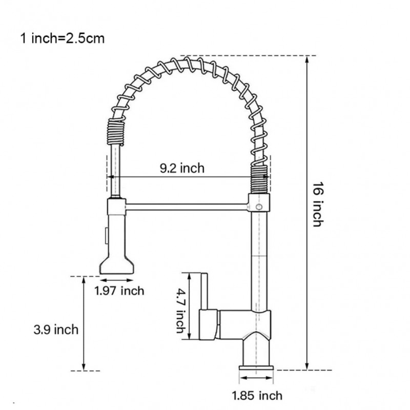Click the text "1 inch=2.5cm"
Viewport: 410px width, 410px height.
point(62,38)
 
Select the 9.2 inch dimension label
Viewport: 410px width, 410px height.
point(182,168)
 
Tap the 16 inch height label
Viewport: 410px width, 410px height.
point(318,204)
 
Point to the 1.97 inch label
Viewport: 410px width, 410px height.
point(119,291)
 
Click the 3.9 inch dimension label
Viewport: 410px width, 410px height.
point(56,330)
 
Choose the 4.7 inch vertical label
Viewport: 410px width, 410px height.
point(181,311)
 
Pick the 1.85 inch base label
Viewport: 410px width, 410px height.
point(257,395)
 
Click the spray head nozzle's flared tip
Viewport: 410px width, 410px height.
point(117,265)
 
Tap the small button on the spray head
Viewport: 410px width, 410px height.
point(107,236)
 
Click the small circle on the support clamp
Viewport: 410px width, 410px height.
point(259,207)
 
